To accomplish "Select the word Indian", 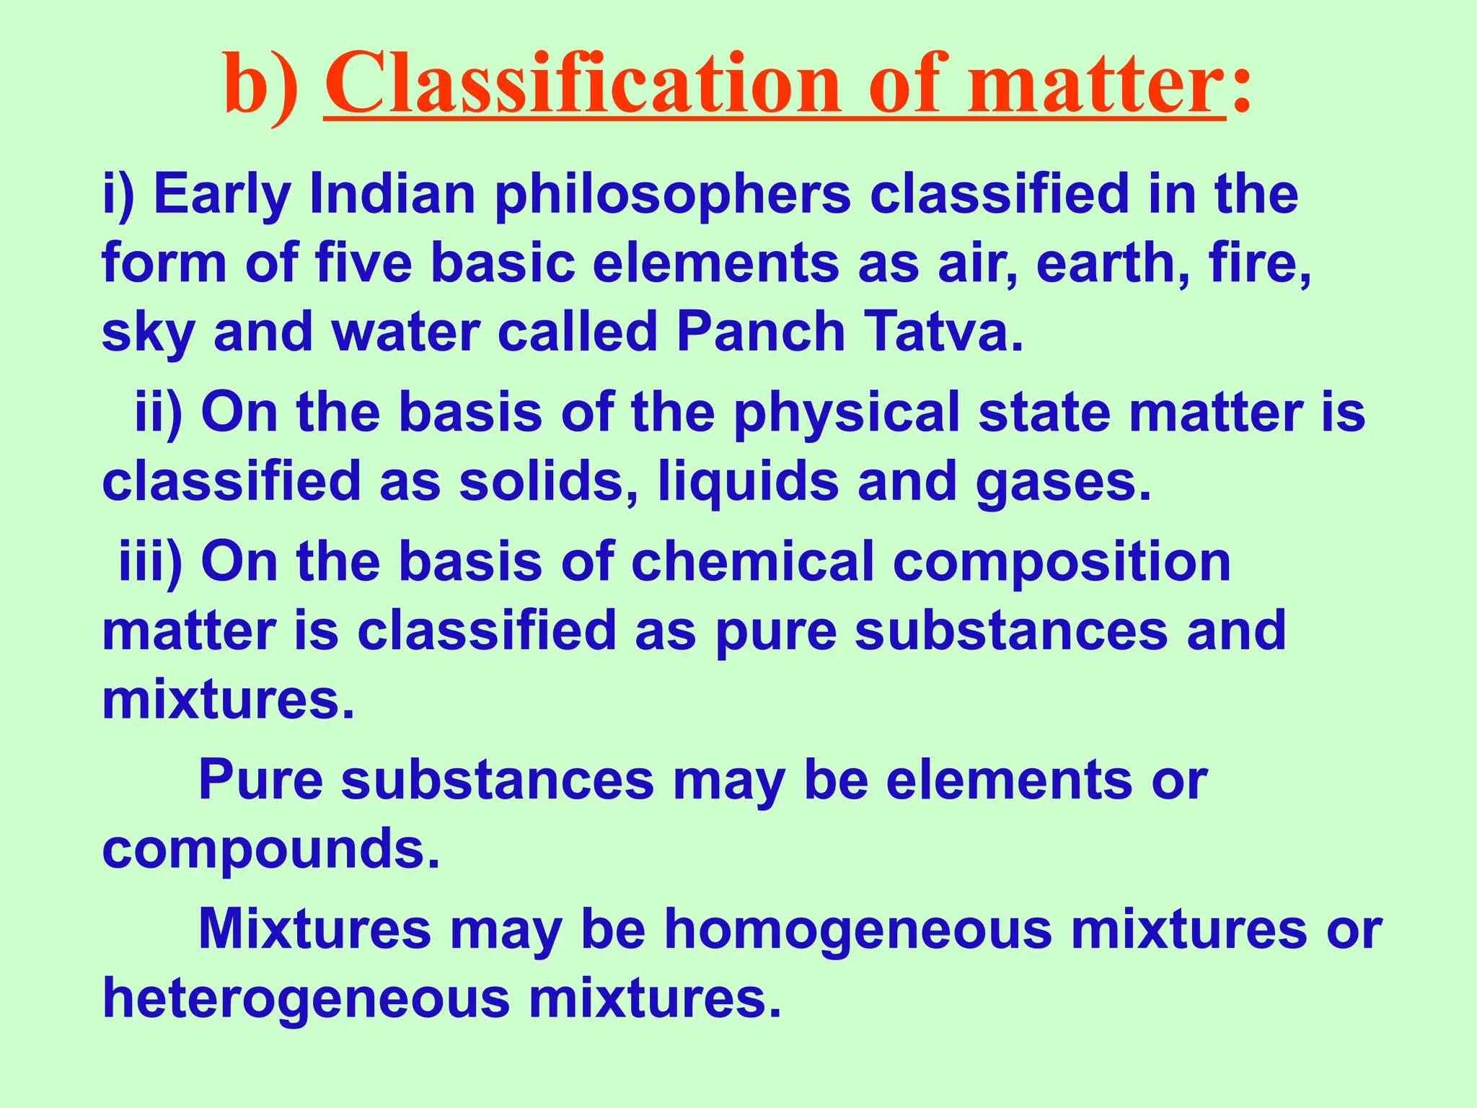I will click(393, 195).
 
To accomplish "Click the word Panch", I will click(760, 333).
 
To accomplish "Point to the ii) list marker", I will click(159, 413).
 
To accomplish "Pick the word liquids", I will click(749, 483).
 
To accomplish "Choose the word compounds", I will click(270, 850).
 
